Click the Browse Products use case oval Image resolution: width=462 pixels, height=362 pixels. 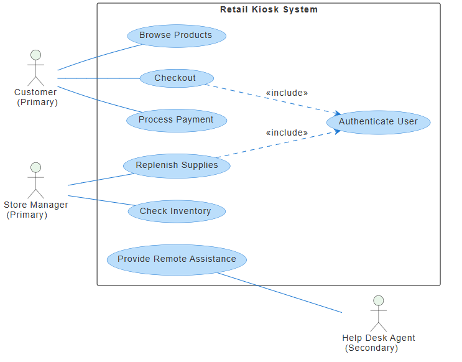coord(177,35)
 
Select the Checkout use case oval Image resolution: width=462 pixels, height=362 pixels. coord(177,78)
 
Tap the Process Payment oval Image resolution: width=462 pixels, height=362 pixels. coord(177,120)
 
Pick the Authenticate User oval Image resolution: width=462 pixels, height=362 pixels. coord(378,122)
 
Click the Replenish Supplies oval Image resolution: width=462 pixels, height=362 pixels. coord(177,165)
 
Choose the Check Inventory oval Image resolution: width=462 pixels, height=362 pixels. coord(177,211)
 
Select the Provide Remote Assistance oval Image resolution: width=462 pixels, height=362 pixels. coord(177,259)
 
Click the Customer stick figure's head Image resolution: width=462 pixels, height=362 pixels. coord(35,55)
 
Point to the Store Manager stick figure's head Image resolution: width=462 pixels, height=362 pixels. coord(35,167)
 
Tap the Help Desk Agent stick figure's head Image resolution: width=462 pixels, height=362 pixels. coord(378,300)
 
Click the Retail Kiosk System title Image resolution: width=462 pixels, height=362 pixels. coord(269,9)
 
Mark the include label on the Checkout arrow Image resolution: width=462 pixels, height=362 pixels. coord(287,93)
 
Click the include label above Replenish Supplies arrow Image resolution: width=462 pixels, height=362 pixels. coord(287,133)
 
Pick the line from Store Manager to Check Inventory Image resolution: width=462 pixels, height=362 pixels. coord(99,200)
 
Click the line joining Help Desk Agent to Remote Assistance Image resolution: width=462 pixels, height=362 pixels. coord(280,292)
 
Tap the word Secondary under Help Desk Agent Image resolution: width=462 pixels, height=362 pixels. coord(372,348)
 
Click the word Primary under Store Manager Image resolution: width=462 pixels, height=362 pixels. coord(27,215)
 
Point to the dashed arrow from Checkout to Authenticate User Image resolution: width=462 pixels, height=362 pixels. coord(274,100)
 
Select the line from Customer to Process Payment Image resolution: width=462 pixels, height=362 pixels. coord(93,98)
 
